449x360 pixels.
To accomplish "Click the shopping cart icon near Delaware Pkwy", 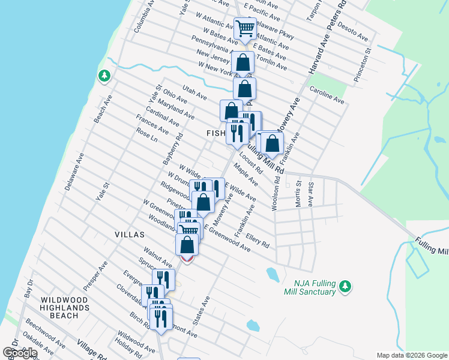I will pyautogui.click(x=245, y=28).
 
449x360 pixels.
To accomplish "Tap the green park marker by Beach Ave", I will pyautogui.click(x=104, y=76).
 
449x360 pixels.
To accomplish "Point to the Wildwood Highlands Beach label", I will pyautogui.click(x=64, y=307).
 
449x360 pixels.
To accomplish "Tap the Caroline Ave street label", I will pyautogui.click(x=327, y=94).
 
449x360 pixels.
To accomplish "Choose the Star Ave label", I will pyautogui.click(x=311, y=194).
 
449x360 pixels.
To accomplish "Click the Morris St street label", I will pyautogui.click(x=298, y=196).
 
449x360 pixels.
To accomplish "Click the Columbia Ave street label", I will pyautogui.click(x=144, y=16).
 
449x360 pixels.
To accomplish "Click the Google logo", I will pyautogui.click(x=20, y=353).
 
